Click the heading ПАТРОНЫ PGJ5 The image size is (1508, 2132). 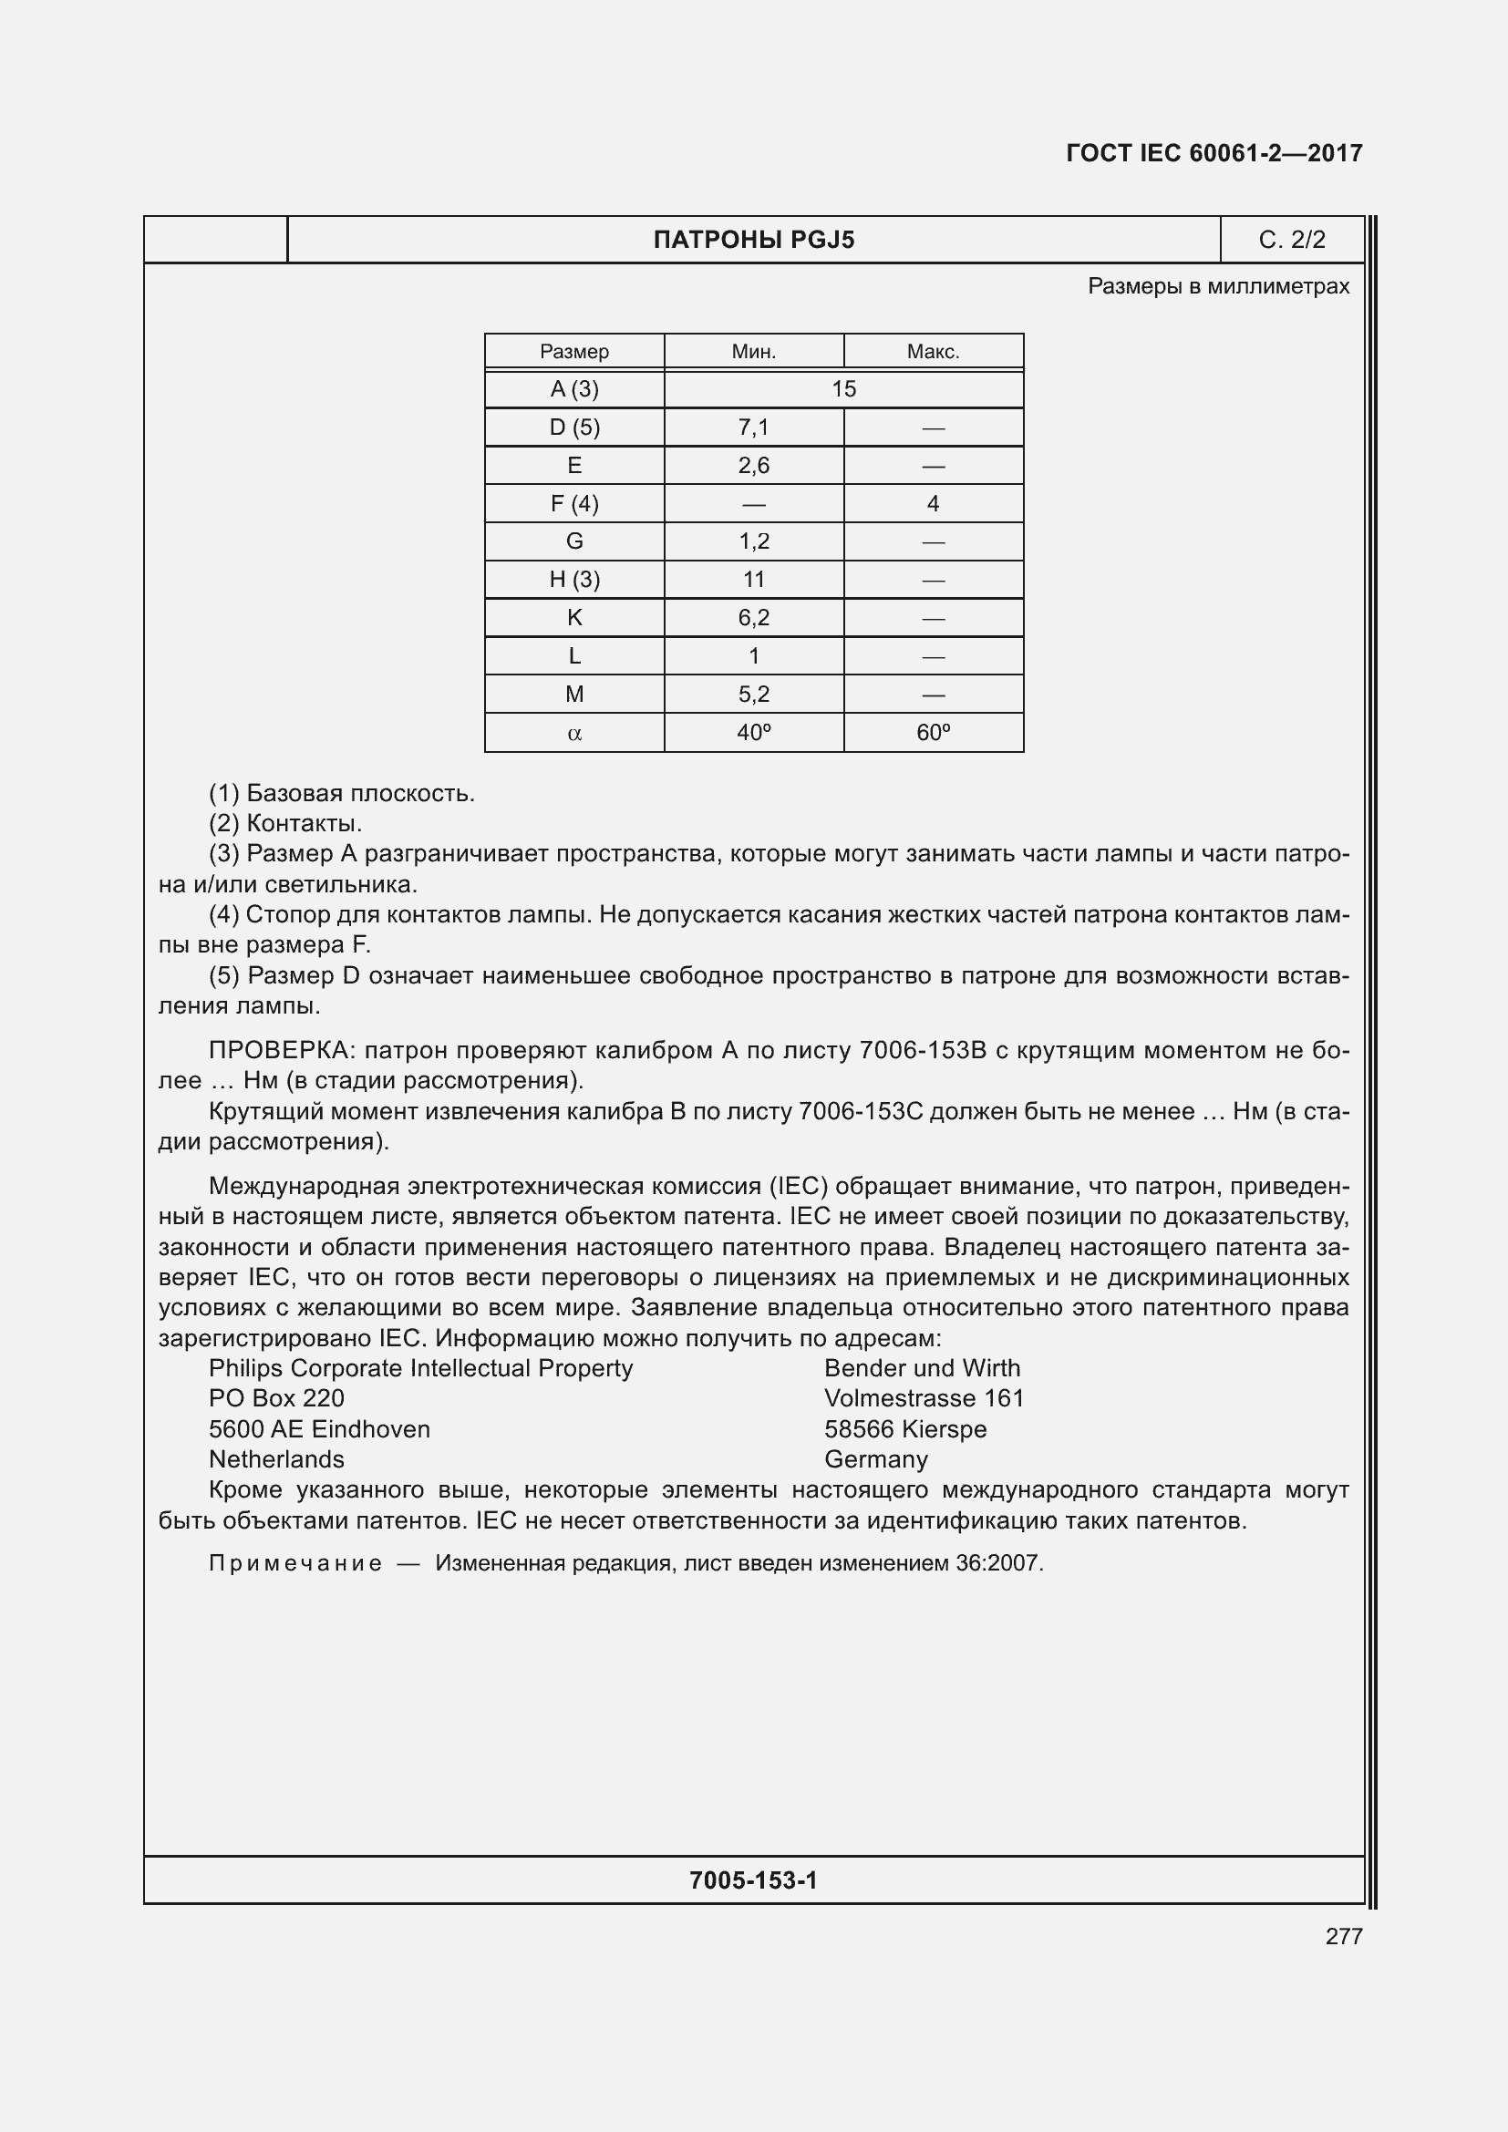coord(753,241)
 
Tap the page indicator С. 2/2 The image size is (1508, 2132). coord(1292,241)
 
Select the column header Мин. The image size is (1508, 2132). coord(753,352)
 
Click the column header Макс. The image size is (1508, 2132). coord(933,352)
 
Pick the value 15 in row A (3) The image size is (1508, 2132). coord(843,389)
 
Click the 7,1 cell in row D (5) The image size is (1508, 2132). coord(753,427)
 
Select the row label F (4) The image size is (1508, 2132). coord(573,503)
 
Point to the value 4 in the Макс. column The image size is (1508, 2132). coord(933,503)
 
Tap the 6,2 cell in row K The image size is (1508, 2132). coord(753,617)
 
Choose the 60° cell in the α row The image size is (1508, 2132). coord(933,733)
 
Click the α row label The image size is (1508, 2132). coord(573,733)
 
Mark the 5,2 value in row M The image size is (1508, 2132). coord(753,694)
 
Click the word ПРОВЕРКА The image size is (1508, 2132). coord(281,1050)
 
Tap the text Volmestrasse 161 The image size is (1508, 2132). coord(923,1398)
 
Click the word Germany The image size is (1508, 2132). coord(874,1458)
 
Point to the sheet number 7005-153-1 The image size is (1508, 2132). coord(753,1880)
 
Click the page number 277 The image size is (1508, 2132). coord(1343,1936)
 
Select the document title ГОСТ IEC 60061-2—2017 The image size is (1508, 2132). coord(1214,153)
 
